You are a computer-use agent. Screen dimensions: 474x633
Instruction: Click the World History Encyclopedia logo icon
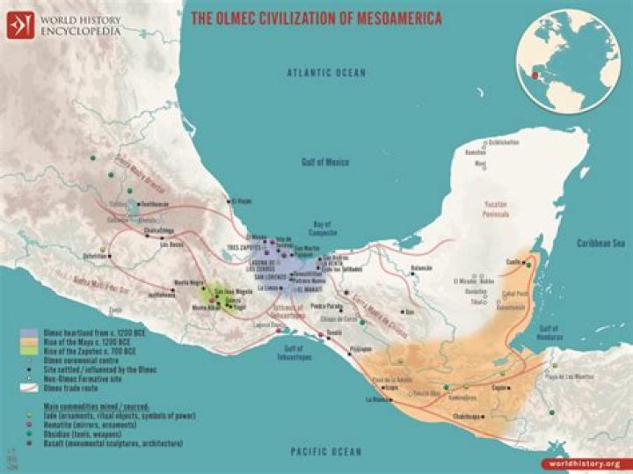point(18,24)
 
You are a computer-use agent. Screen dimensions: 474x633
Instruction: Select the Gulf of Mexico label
point(325,163)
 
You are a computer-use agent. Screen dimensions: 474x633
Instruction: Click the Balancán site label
point(422,267)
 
